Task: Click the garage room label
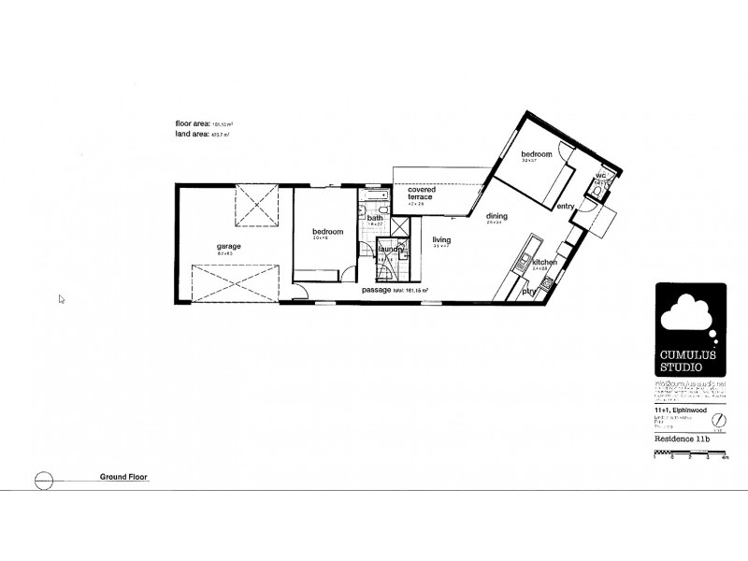229,246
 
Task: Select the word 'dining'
496,216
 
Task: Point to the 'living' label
441,240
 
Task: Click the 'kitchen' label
544,263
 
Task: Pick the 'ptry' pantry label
528,291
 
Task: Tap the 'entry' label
565,207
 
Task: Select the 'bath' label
374,218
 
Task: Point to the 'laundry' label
390,249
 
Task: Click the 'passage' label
377,291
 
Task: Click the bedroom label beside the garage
327,231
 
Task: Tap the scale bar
691,454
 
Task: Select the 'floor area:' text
194,124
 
